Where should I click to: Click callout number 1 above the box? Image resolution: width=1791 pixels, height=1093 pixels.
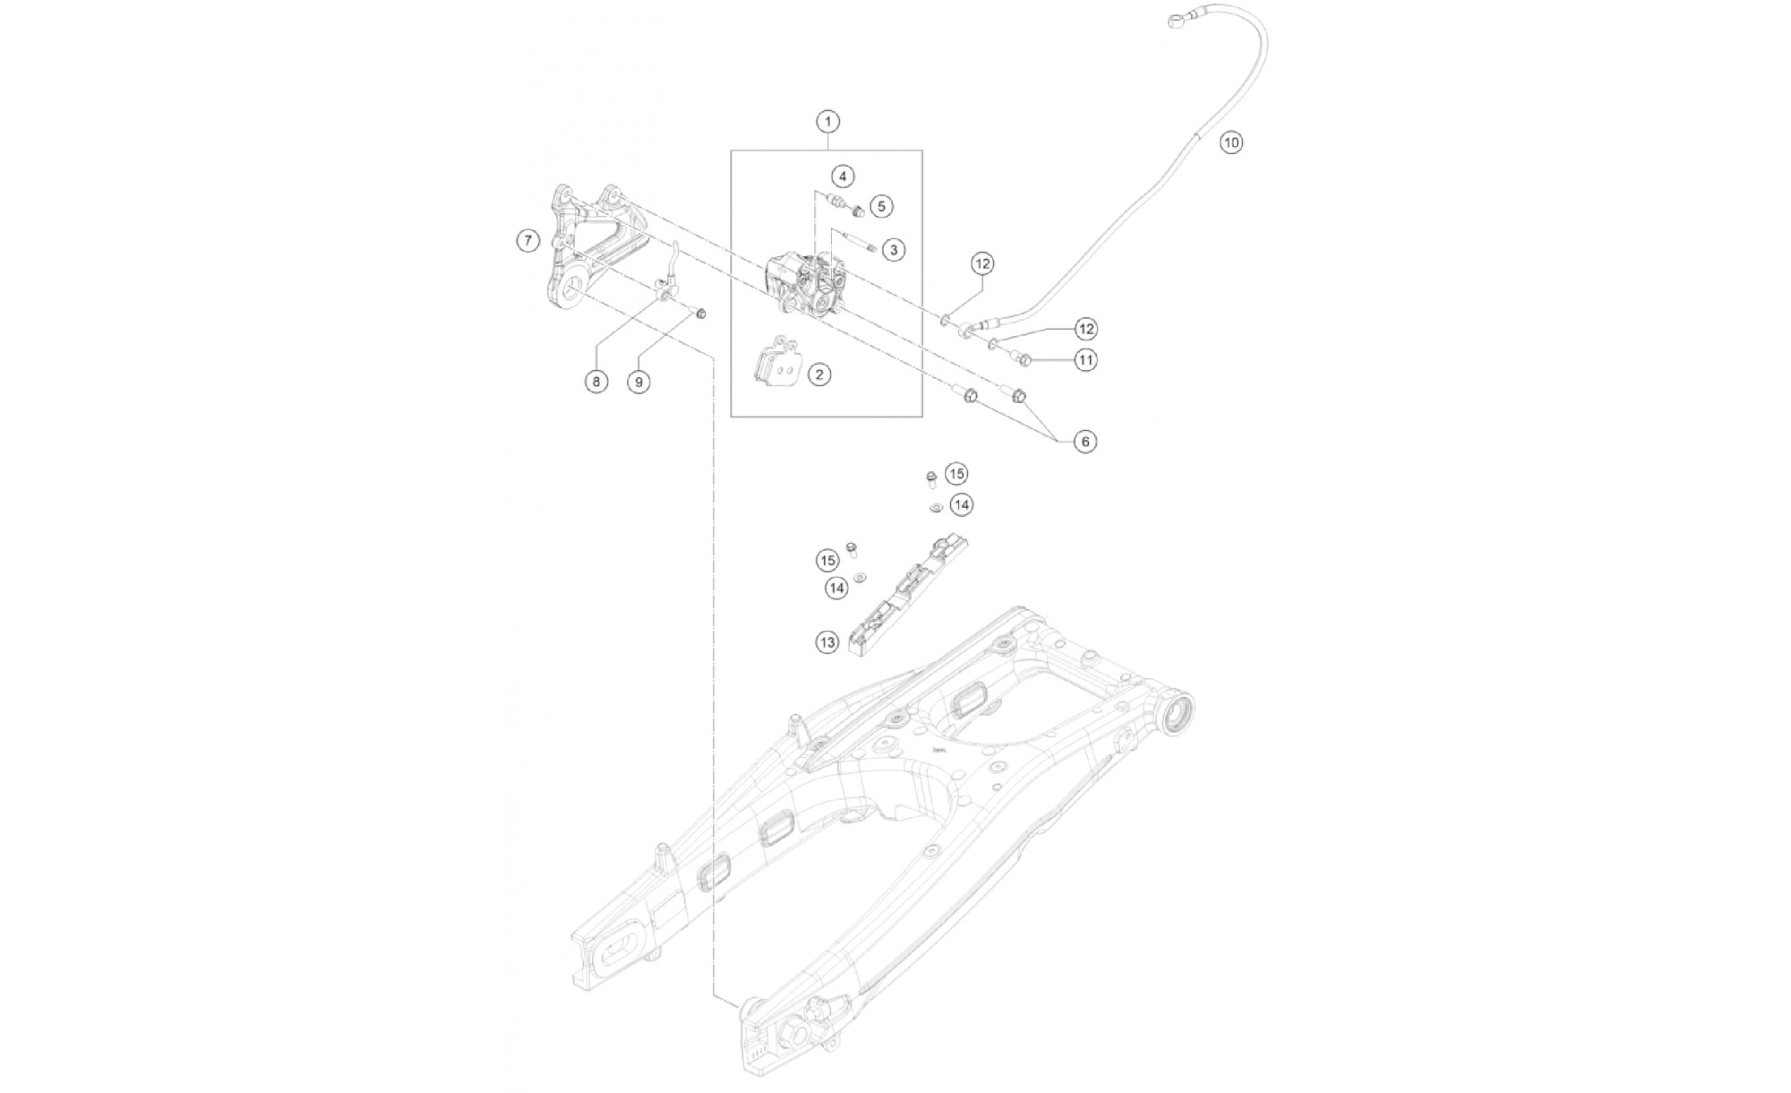(828, 121)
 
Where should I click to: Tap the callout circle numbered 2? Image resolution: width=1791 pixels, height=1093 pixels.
(819, 374)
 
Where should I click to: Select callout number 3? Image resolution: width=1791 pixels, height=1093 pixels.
(893, 250)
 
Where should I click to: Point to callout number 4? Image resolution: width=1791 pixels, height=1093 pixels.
(842, 176)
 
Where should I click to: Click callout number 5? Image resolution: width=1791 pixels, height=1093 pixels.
(881, 207)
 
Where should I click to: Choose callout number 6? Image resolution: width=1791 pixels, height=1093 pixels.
(1084, 442)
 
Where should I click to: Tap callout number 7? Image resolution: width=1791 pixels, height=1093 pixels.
(528, 240)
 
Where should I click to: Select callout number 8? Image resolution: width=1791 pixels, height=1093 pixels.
(596, 382)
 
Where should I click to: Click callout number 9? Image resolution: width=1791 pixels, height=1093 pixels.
(638, 382)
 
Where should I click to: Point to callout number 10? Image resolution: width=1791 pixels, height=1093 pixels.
(1231, 142)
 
